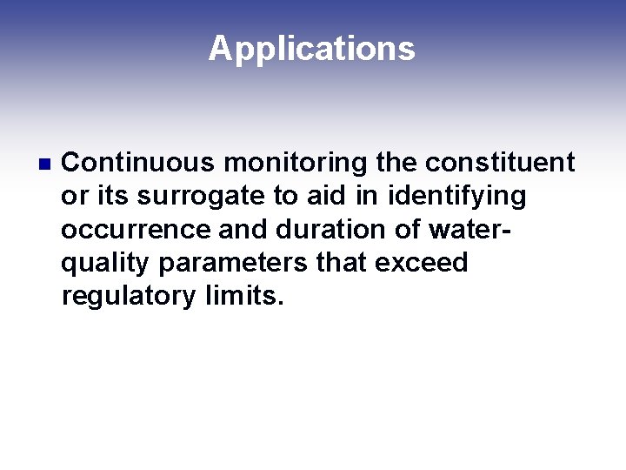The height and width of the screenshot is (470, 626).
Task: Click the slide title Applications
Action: point(312,49)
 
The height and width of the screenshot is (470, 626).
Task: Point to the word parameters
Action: point(233,263)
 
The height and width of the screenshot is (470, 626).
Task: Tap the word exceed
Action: point(422,263)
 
